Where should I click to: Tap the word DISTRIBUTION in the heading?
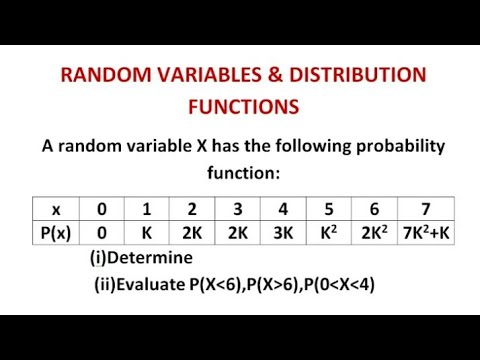(356, 76)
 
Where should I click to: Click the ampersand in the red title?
(276, 76)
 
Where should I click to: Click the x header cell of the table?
(56, 210)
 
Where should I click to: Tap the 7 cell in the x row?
(426, 210)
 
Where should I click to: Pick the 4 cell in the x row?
(284, 210)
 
